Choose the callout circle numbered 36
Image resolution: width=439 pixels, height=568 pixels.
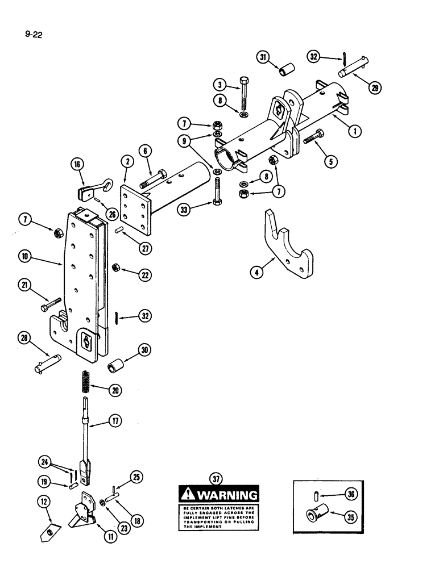tap(352, 494)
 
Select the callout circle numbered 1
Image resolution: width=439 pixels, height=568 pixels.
tap(355, 132)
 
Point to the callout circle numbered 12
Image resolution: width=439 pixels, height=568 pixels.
tap(43, 501)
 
